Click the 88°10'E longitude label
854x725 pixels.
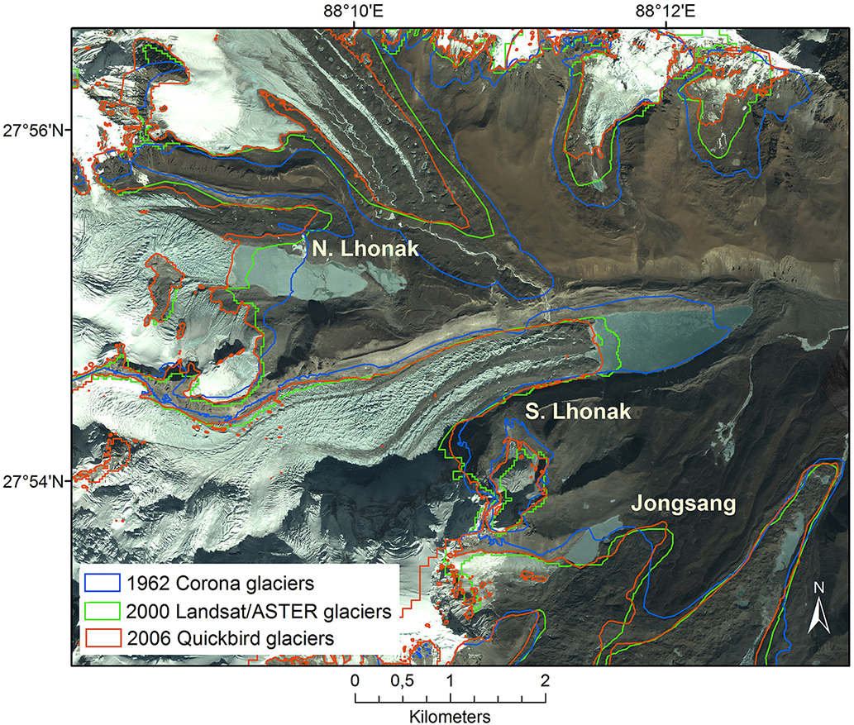(x=354, y=12)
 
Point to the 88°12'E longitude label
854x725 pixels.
(x=665, y=12)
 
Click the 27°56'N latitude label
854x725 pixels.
(x=36, y=130)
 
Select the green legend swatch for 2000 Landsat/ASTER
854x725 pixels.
(x=102, y=611)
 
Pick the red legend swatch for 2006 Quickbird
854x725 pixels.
(x=102, y=638)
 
